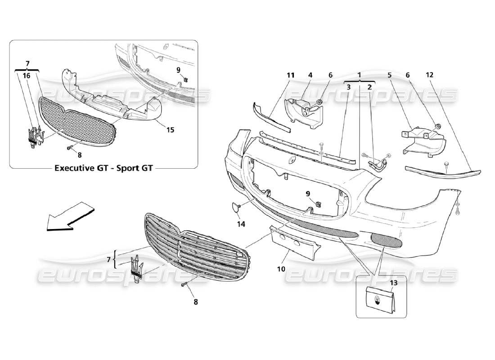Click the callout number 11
coord(290,76)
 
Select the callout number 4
coord(310,76)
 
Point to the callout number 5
coord(389,76)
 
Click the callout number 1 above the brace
coord(359,75)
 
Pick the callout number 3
coord(349,87)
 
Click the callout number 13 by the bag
coord(394,283)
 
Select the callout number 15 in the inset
coord(170,130)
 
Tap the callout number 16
coord(27,76)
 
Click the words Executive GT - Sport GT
coord(103,168)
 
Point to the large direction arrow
coord(70,217)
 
